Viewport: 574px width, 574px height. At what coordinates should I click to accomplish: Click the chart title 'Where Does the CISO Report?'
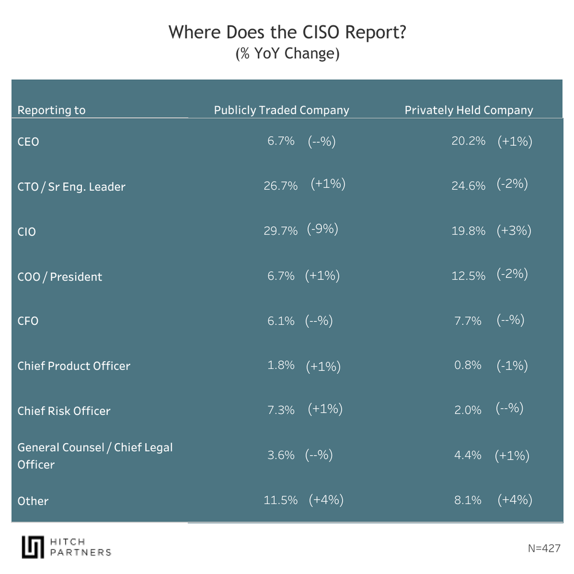click(287, 33)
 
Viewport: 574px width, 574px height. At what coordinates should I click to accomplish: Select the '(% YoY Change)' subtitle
click(287, 54)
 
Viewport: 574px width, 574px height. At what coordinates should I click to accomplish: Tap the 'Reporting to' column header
click(52, 110)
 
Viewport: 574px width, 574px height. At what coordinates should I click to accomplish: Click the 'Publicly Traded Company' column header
click(281, 110)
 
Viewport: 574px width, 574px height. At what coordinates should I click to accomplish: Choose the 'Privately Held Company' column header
click(469, 110)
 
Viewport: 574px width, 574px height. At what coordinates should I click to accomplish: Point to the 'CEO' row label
click(28, 141)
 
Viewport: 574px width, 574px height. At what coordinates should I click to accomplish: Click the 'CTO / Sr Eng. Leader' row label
click(71, 187)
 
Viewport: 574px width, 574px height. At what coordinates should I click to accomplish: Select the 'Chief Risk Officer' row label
click(64, 411)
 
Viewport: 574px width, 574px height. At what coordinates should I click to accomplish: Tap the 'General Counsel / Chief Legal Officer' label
click(95, 456)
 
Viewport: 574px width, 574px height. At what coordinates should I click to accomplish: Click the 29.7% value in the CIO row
click(281, 231)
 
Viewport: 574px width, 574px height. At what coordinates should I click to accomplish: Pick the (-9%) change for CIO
click(323, 229)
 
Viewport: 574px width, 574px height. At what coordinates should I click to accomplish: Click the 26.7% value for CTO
click(281, 186)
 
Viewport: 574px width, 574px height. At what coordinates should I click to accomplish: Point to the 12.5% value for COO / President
click(468, 276)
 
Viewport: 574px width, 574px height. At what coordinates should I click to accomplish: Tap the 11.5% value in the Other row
click(281, 501)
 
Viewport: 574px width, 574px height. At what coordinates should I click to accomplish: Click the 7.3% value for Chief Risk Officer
click(281, 410)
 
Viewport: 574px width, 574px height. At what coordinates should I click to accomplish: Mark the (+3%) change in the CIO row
click(514, 230)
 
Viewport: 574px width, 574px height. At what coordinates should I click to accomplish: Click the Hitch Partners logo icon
click(33, 547)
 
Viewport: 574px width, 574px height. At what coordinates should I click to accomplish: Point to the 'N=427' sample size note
click(544, 548)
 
